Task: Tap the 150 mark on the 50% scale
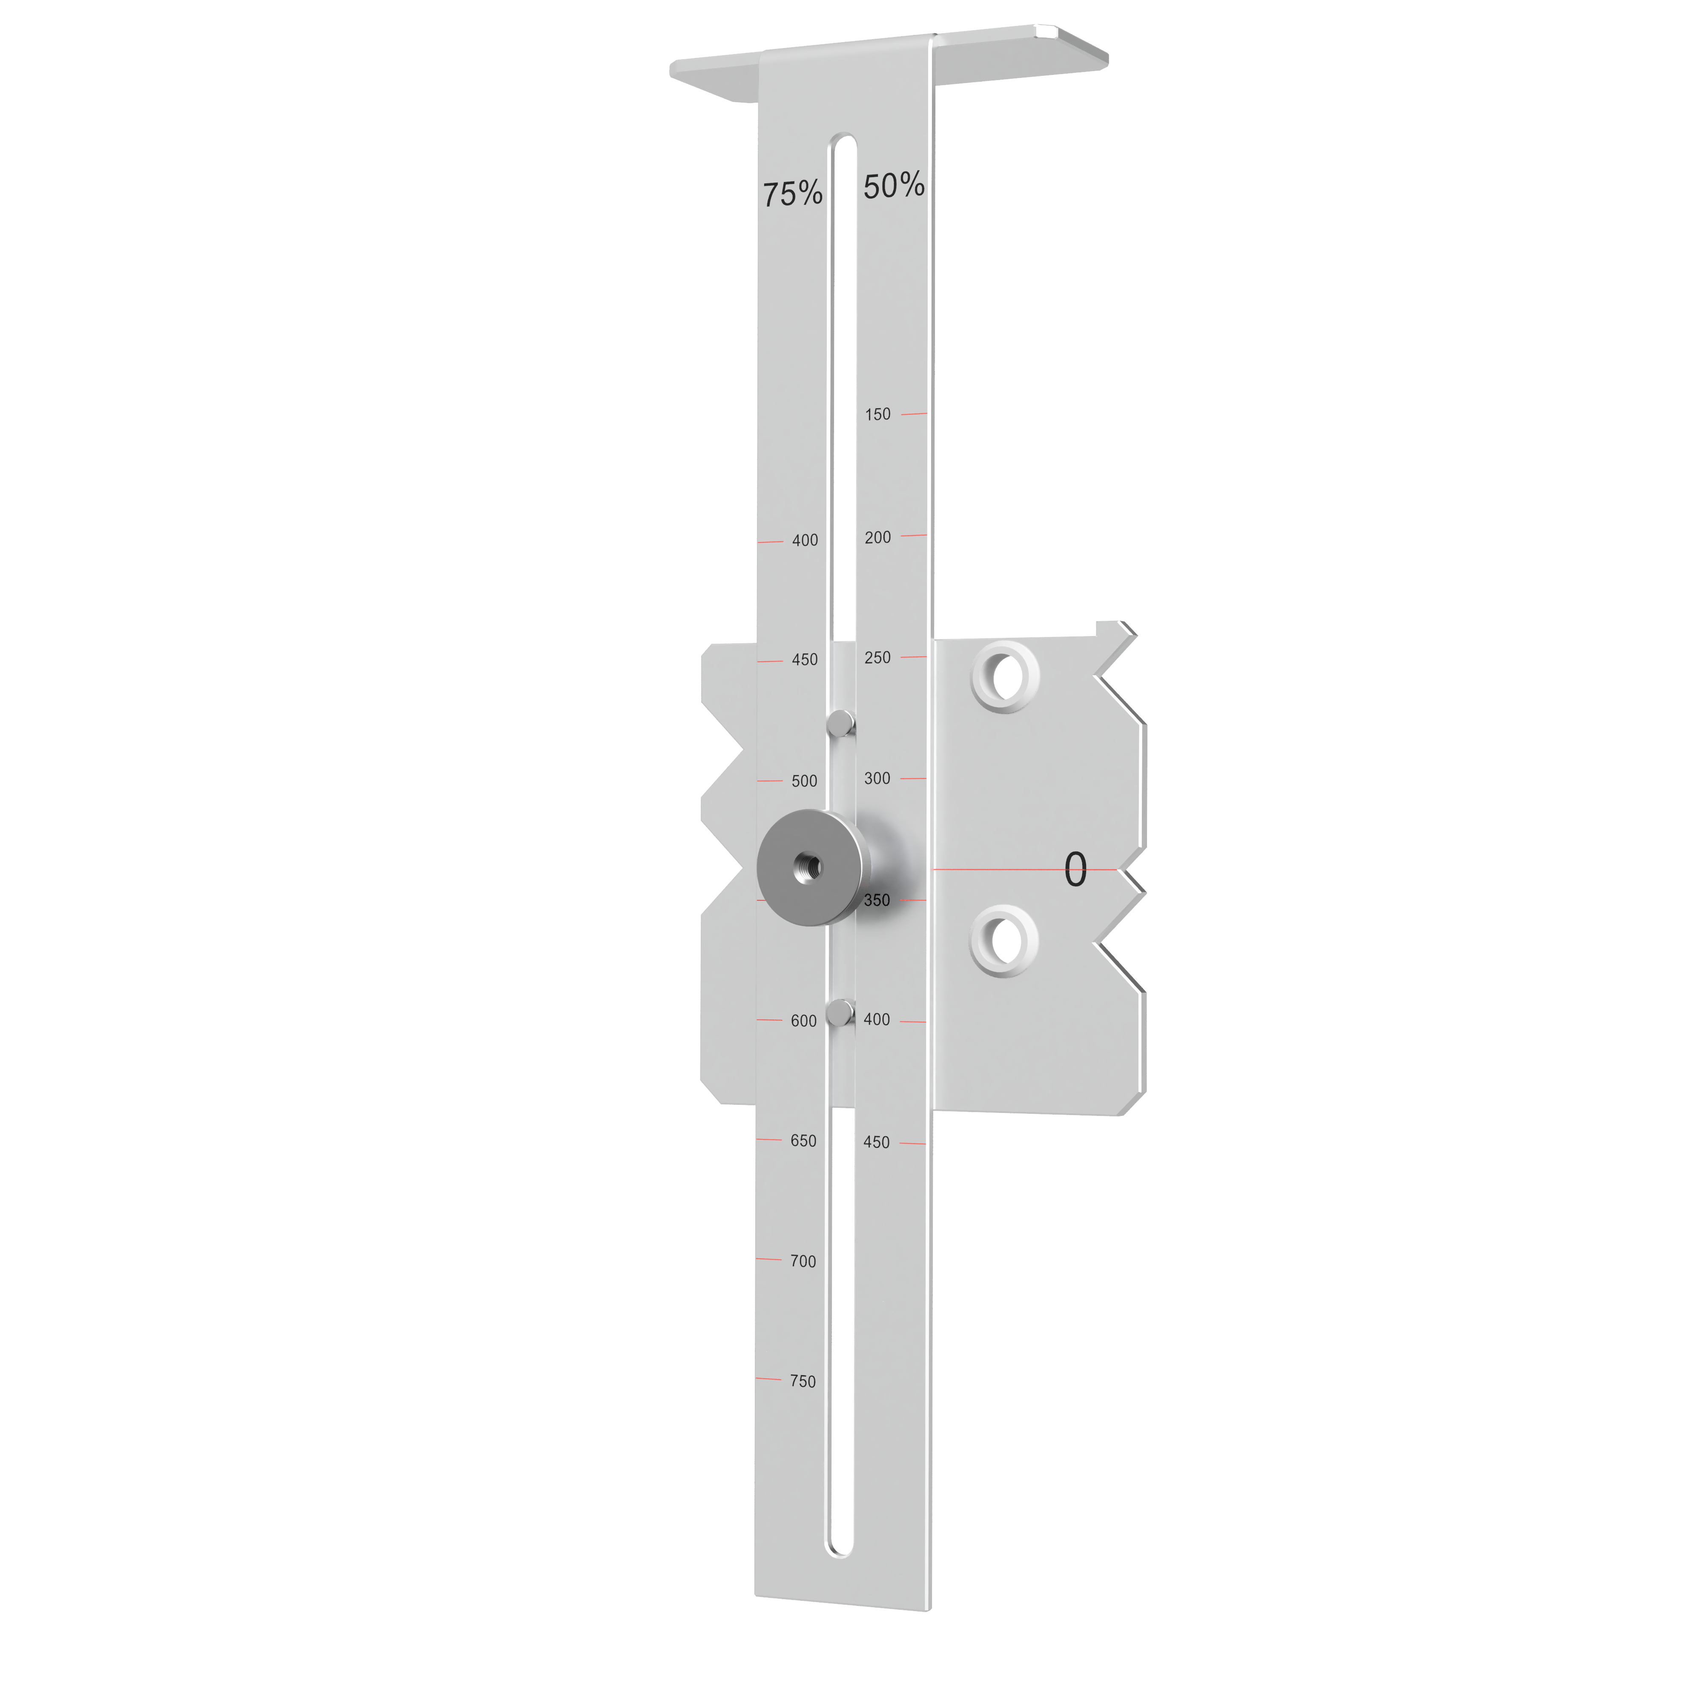(x=878, y=414)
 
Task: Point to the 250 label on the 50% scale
(x=878, y=658)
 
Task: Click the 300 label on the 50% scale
(x=877, y=778)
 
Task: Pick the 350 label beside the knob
(x=877, y=900)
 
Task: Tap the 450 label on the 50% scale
(x=876, y=1142)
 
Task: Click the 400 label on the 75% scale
(x=805, y=540)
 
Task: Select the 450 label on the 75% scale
(x=805, y=659)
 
